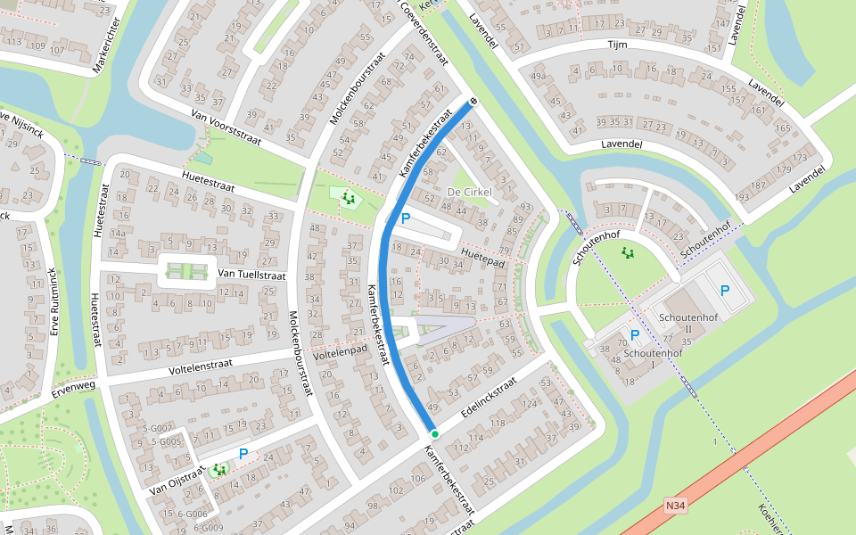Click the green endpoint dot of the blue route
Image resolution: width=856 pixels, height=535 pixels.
pos(434,433)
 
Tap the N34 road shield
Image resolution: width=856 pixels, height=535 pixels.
pos(676,506)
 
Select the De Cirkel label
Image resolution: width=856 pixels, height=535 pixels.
pos(469,193)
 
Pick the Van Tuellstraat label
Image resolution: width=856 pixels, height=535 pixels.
pos(251,276)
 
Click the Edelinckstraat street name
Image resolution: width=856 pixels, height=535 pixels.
pos(489,399)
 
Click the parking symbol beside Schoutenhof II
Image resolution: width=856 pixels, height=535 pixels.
pos(724,291)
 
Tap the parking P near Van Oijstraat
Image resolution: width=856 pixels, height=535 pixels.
pos(243,454)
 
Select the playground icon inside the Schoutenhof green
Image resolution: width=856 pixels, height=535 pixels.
pos(629,253)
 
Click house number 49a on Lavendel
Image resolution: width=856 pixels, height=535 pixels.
pos(538,77)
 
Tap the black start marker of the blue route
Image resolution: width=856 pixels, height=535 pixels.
pos(473,102)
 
